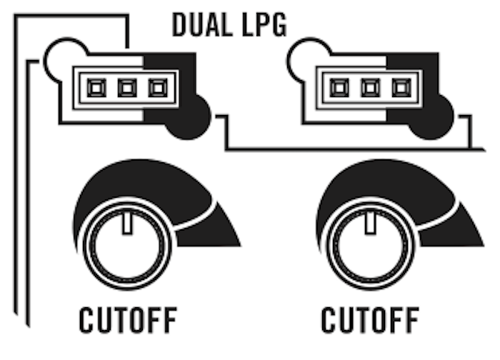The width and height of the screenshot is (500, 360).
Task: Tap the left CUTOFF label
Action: (128, 321)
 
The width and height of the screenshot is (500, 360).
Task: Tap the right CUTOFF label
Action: (370, 321)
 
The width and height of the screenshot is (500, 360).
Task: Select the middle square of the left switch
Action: (126, 88)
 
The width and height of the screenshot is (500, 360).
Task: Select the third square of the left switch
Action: (157, 88)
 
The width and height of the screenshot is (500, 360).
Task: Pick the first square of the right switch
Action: (339, 88)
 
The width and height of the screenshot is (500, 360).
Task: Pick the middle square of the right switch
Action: (369, 88)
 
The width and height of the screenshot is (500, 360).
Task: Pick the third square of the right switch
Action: (400, 88)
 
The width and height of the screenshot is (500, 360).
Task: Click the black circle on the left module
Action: (190, 116)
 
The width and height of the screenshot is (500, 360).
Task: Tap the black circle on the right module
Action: (433, 116)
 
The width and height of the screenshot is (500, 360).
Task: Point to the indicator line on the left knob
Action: (127, 222)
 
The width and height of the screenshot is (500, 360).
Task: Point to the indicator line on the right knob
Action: (370, 222)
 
